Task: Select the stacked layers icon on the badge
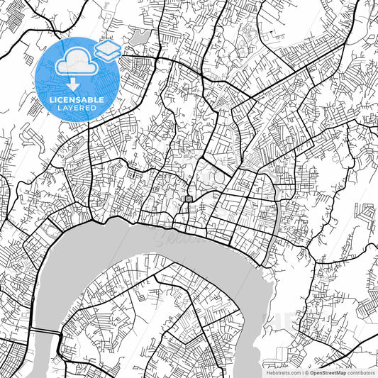coord(108,50)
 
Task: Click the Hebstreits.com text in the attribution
coord(283,372)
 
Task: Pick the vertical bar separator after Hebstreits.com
coord(302,372)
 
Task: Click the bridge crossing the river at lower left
coord(47,333)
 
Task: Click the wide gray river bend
coord(106,245)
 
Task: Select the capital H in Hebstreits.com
coord(267,372)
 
